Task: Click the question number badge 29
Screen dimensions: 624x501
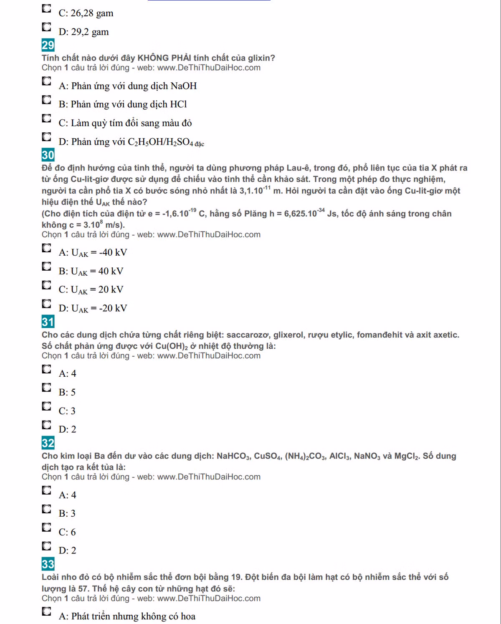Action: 48,45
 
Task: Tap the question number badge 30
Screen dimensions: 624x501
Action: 48,155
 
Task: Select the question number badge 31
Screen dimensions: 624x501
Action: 48,322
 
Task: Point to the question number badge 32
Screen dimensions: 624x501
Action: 48,443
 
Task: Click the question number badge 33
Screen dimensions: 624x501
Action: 48,564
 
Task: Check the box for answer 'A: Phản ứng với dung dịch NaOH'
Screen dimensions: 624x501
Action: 46,81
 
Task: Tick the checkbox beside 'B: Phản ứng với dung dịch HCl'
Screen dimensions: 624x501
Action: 46,99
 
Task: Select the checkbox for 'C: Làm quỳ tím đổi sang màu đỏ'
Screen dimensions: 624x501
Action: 46,118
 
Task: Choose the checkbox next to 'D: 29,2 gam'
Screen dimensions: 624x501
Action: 46,27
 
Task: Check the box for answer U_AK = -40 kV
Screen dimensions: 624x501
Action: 46,248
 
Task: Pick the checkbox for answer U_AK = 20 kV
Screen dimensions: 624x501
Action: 46,285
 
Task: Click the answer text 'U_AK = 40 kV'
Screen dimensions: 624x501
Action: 97,271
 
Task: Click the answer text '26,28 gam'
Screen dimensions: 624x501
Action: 92,13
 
